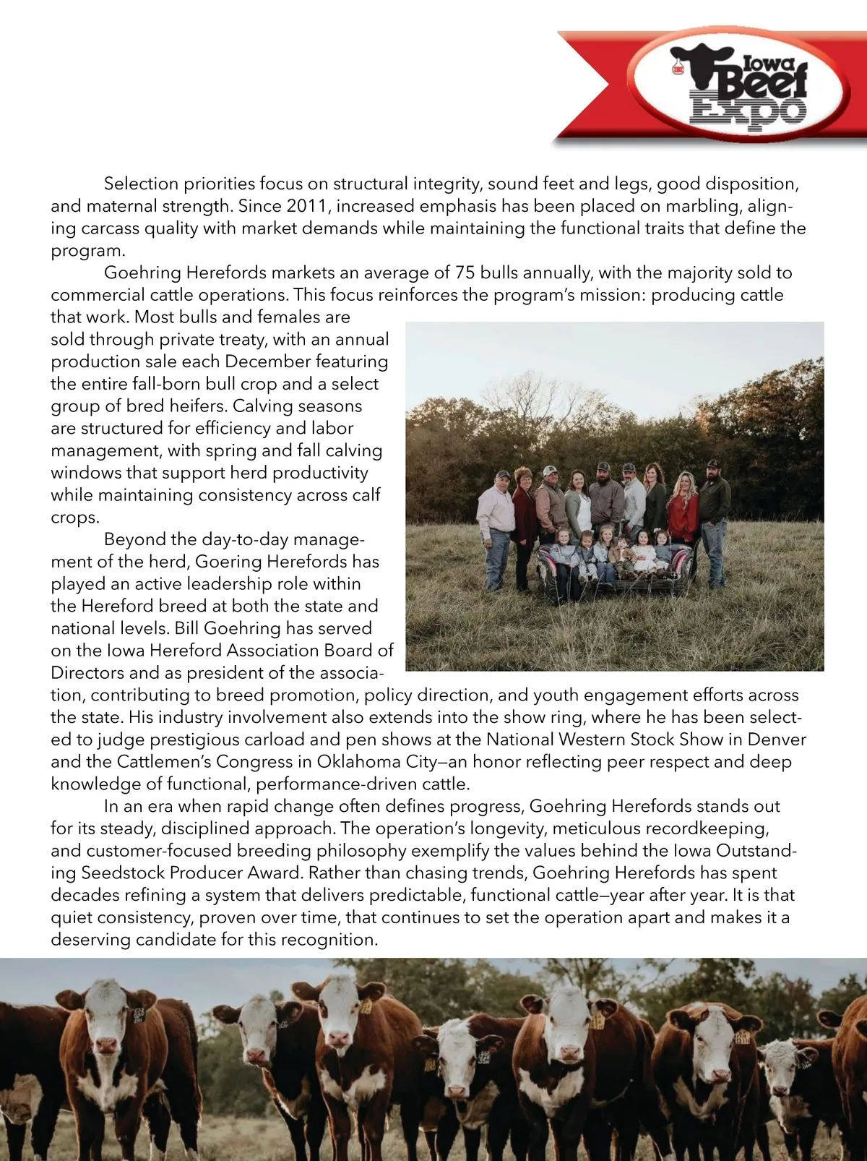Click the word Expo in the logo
point(747,111)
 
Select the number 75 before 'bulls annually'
point(465,273)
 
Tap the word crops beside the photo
point(73,518)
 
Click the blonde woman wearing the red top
point(683,513)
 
